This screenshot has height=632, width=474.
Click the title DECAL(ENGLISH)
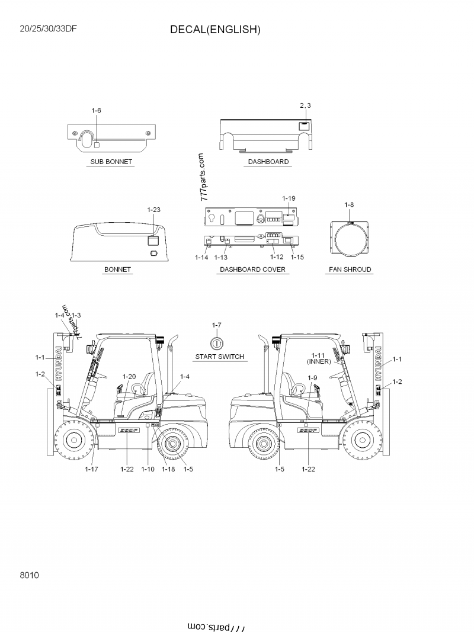[x=215, y=30]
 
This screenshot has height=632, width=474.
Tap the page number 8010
[x=29, y=575]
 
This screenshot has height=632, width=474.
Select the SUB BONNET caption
[x=111, y=162]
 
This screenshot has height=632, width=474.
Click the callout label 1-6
[x=97, y=111]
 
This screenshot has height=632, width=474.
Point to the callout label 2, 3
[x=305, y=105]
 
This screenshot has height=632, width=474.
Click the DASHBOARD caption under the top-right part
[x=268, y=162]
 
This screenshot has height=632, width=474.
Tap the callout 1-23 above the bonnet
[x=153, y=210]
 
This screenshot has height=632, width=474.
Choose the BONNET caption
[x=117, y=270]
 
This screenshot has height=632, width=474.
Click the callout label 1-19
[x=289, y=198]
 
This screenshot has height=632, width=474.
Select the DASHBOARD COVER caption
[x=253, y=270]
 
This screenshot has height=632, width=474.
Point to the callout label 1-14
[x=201, y=258]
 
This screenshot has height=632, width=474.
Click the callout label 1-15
[x=297, y=258]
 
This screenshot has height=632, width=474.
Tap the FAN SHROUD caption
[x=350, y=270]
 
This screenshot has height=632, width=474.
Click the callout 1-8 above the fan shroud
[x=350, y=205]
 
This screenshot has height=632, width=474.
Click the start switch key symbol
[x=217, y=343]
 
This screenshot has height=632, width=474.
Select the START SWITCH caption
[x=220, y=357]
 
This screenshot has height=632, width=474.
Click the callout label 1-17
[x=91, y=469]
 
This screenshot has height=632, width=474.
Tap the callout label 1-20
[x=129, y=377]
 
